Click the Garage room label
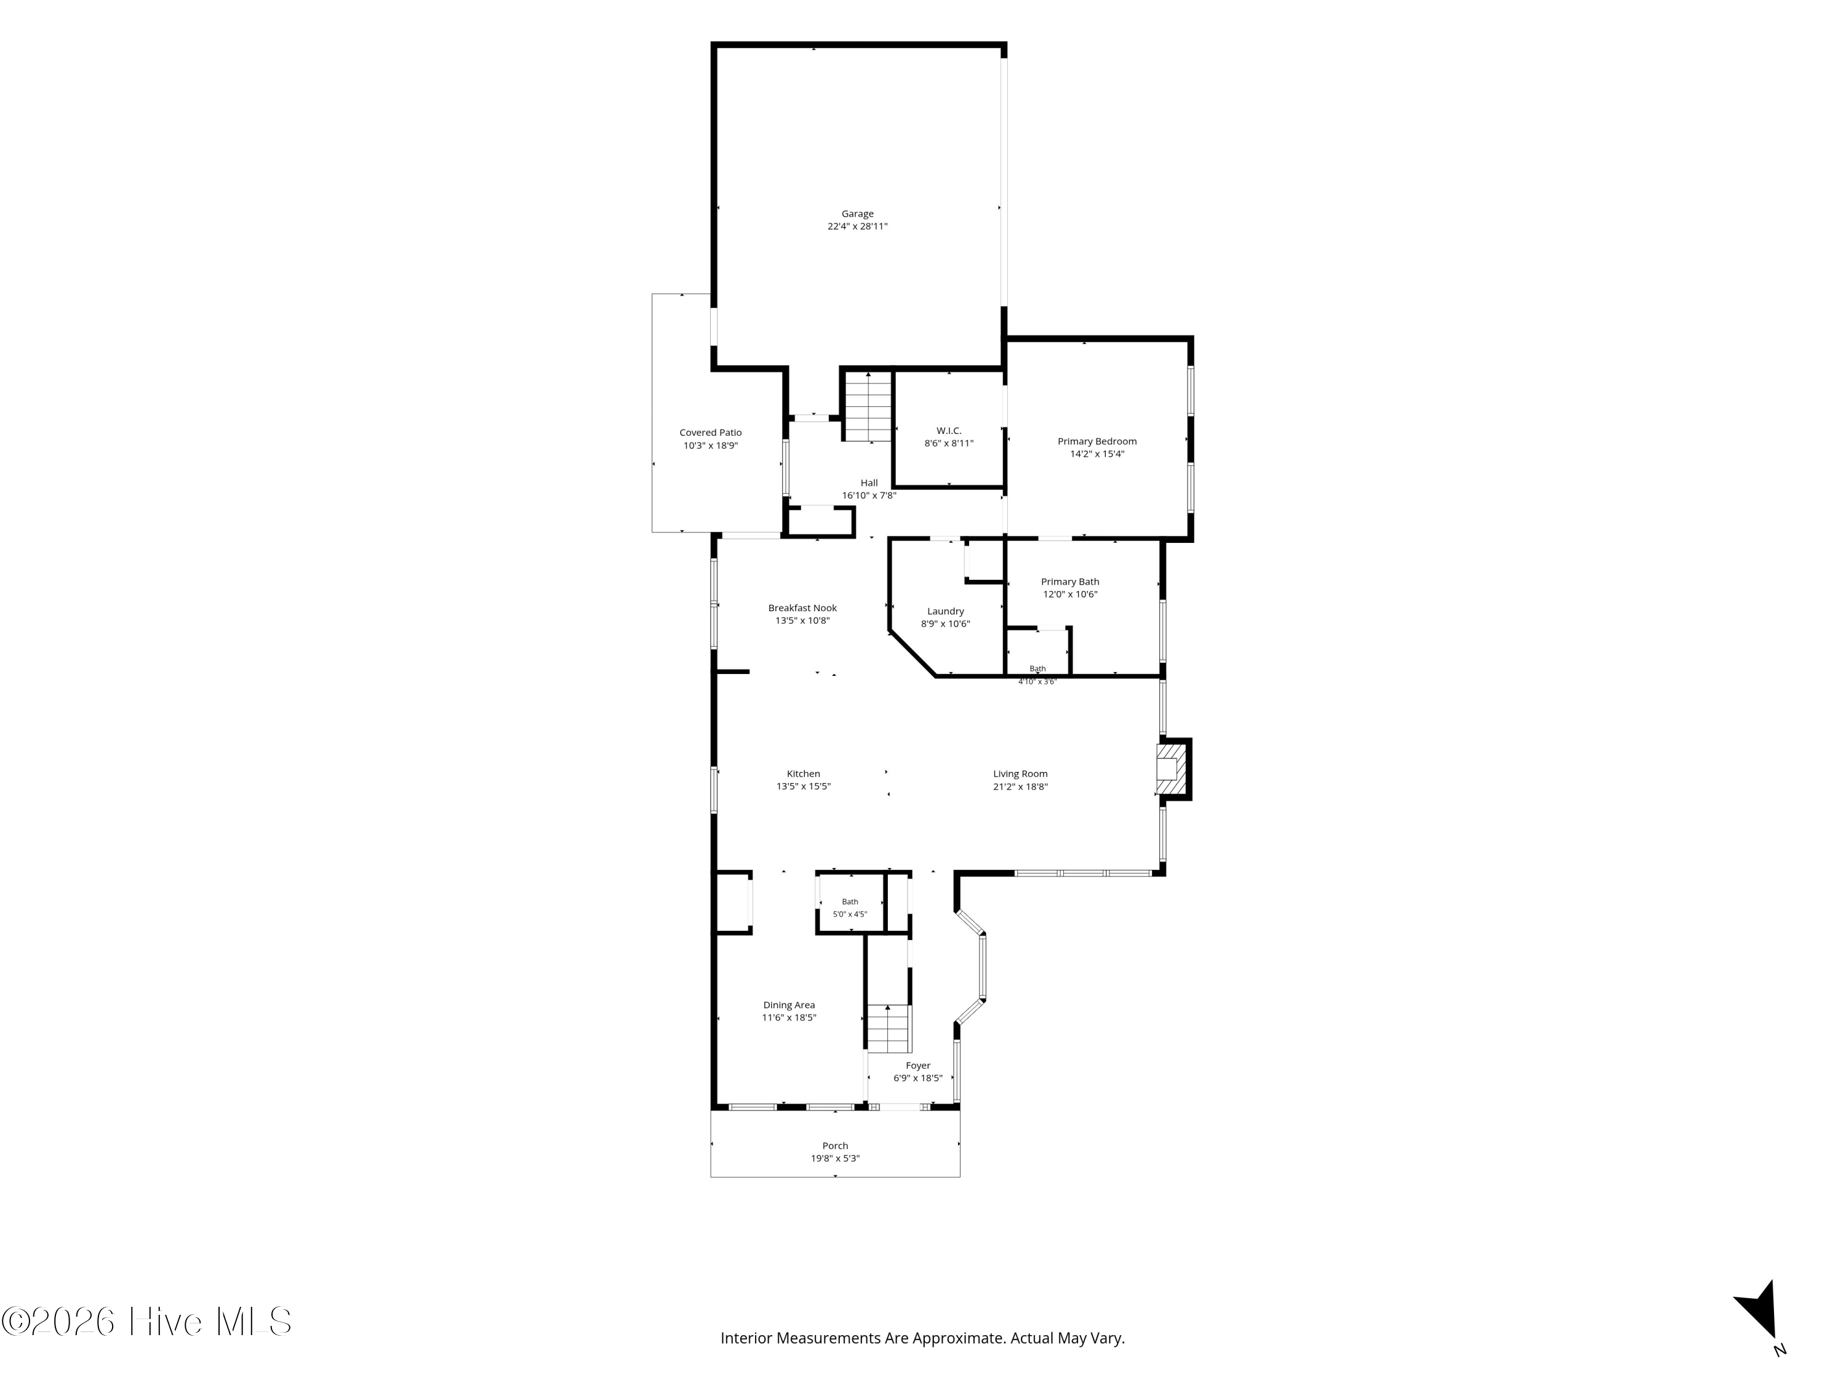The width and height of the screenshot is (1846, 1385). pos(857,214)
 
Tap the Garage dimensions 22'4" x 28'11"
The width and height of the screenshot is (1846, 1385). pos(857,227)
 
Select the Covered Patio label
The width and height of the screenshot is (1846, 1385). pos(710,433)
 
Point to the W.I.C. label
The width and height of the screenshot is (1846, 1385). pos(949,431)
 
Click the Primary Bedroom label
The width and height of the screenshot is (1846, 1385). pos(1097,441)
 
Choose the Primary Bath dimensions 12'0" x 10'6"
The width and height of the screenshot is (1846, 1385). pos(1070,595)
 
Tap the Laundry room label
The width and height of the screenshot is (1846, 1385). pos(946,611)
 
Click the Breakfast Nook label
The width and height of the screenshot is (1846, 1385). pos(802,608)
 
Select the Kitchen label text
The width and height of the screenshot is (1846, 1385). pos(803,774)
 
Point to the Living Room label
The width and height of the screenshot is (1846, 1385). pos(1020,774)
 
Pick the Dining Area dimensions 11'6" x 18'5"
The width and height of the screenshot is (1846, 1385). pos(789,1018)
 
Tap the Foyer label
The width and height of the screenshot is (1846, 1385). pos(918,1066)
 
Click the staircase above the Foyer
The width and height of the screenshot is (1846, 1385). pos(889,1029)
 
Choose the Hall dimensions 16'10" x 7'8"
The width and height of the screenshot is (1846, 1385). pos(869,495)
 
